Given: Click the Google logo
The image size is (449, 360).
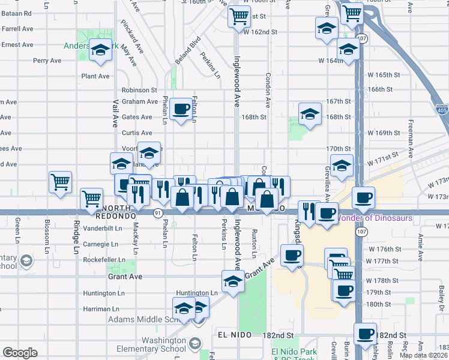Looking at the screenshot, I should (x=20, y=353).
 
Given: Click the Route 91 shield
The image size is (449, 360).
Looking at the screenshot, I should (x=157, y=213).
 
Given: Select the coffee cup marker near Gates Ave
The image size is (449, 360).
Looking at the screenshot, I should (x=181, y=110).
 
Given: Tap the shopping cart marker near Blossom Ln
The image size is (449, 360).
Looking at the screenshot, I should (x=60, y=182).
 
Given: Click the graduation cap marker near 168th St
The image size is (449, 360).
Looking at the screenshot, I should (x=310, y=114).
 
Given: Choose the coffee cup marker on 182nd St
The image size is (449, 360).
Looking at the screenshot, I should (x=364, y=334).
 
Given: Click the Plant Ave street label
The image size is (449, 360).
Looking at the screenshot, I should (x=95, y=76).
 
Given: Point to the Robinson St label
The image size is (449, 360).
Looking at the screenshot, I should (x=139, y=90).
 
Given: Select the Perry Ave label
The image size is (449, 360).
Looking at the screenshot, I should (x=47, y=61).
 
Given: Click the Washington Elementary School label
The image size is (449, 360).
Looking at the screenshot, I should (x=148, y=344).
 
